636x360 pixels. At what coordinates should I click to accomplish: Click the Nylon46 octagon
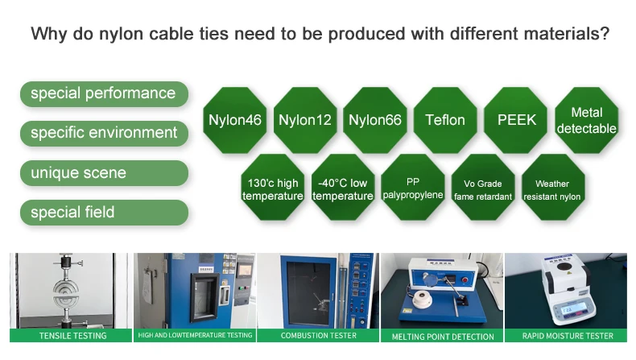point(235,120)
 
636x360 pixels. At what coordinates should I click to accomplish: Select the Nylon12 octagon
point(305,120)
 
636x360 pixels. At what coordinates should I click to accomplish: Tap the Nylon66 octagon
point(375,120)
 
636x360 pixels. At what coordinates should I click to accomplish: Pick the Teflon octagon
point(445,120)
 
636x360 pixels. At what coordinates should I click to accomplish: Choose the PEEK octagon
point(515,120)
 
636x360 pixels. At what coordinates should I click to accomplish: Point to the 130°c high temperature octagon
point(273,189)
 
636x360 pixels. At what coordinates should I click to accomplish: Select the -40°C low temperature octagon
point(343,189)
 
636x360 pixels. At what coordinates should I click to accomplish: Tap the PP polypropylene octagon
point(413,189)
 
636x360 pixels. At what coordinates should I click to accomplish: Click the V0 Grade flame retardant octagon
point(483,189)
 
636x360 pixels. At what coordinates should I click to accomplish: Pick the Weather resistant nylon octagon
point(552,189)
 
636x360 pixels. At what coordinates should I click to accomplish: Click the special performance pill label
point(104,93)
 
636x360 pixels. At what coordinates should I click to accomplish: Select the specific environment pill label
point(104,133)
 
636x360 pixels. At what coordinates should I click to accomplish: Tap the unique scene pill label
point(104,173)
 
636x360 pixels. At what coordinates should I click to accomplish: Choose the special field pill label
point(104,213)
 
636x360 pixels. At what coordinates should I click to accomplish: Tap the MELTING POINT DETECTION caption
point(443,337)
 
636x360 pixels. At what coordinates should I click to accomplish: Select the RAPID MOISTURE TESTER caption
point(568,336)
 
